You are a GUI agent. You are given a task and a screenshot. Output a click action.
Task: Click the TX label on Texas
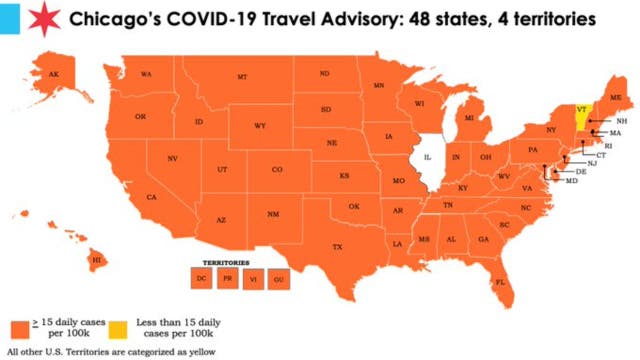[x=337, y=247]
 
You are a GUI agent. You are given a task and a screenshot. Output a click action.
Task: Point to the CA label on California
[x=151, y=197]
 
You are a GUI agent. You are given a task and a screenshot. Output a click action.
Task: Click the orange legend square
[x=20, y=328]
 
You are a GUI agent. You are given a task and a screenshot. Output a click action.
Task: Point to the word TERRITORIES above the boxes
[x=240, y=261]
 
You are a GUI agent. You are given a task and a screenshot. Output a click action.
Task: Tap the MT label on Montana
[x=242, y=78]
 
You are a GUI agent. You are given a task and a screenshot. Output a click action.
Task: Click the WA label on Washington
[x=146, y=74]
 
